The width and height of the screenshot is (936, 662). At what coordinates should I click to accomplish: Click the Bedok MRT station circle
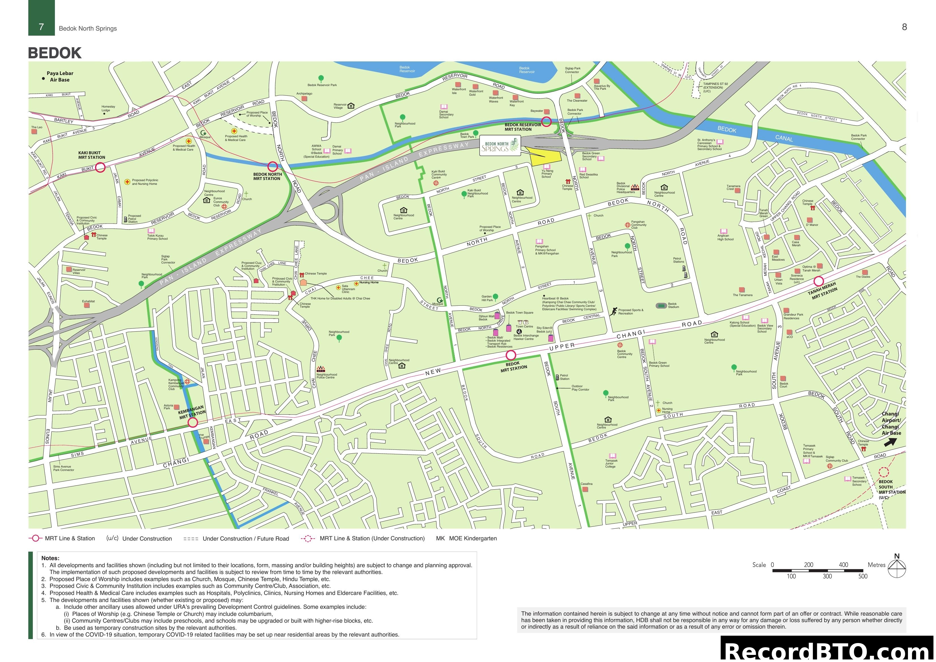click(x=511, y=355)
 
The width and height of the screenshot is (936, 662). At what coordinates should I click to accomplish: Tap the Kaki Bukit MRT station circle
click(x=100, y=167)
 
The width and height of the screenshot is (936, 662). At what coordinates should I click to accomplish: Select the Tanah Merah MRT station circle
click(x=819, y=281)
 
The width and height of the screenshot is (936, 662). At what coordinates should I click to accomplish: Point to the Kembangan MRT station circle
click(x=193, y=423)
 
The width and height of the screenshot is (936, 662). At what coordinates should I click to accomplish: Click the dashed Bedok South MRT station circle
click(x=883, y=472)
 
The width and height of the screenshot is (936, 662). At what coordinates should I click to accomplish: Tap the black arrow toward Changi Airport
click(x=890, y=442)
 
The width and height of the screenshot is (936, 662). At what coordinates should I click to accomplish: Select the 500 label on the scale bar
click(x=863, y=576)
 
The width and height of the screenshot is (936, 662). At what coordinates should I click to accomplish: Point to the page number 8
click(x=904, y=27)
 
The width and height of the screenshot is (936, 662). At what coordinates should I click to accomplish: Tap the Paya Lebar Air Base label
click(x=59, y=76)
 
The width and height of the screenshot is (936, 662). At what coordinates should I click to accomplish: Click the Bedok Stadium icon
click(x=661, y=305)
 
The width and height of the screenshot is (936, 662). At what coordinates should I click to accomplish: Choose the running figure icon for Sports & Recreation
click(x=613, y=312)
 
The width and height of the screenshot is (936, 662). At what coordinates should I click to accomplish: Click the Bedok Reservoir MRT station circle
click(x=546, y=121)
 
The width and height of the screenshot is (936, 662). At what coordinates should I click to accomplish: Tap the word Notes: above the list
click(x=50, y=558)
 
